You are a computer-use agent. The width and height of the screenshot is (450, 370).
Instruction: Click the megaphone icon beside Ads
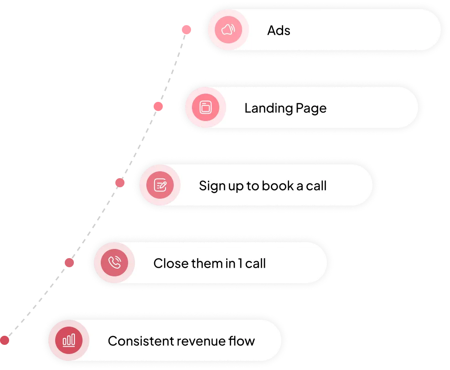[x=228, y=30]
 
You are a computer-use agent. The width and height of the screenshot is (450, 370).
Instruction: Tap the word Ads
[x=279, y=31]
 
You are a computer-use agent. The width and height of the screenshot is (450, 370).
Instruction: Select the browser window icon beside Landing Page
[x=205, y=108]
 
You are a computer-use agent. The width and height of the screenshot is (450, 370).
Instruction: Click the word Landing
[x=263, y=109]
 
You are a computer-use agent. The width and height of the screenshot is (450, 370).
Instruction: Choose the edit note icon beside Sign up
[x=160, y=185]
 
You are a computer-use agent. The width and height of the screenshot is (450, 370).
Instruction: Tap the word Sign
[x=209, y=186]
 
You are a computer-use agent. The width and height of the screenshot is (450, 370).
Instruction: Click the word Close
[x=168, y=264]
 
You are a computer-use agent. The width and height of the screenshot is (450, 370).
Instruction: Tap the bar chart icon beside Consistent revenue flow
[x=69, y=340]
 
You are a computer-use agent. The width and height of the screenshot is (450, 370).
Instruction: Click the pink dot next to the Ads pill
[x=186, y=30]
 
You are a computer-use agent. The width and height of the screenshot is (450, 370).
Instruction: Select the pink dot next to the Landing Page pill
[x=158, y=107]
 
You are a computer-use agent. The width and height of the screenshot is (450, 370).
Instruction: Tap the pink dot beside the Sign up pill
[x=120, y=183]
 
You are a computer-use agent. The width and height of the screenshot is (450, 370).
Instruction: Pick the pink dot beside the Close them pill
[x=69, y=263]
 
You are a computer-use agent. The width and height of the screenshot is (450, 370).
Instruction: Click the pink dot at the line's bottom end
[x=5, y=340]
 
